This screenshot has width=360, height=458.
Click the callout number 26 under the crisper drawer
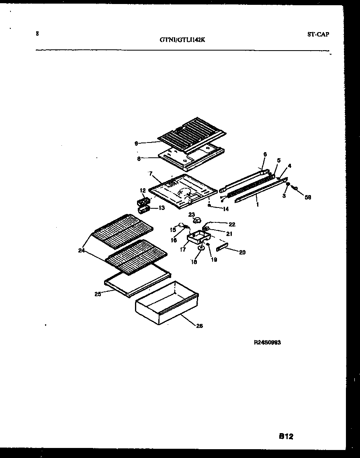click(x=199, y=326)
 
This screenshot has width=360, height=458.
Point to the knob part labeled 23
click(x=197, y=220)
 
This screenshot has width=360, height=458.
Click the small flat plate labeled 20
click(x=223, y=248)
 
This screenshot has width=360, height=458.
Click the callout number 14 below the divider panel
click(x=225, y=209)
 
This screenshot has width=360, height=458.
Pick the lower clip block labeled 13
click(x=143, y=209)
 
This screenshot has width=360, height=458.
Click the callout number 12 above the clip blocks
click(x=142, y=190)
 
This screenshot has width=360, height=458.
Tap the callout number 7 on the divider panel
click(x=150, y=174)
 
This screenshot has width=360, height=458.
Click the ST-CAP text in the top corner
click(x=318, y=35)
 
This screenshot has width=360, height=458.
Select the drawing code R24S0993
click(x=267, y=342)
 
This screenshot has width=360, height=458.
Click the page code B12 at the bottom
click(x=286, y=436)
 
